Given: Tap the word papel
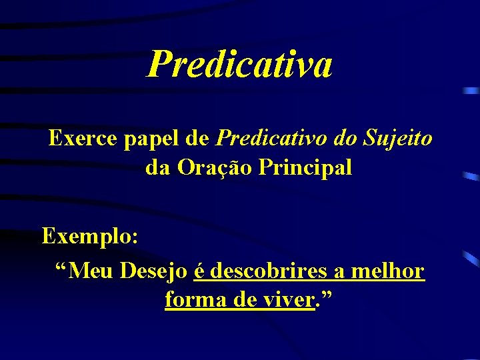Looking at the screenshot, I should coord(150,140).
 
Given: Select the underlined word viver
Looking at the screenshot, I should coord(289,301).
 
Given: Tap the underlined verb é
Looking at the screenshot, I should coord(199,271).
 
